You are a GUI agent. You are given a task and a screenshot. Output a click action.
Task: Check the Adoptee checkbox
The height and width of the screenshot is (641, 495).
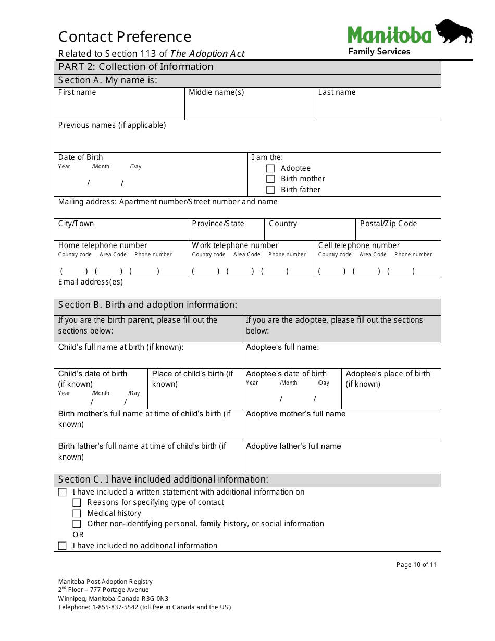coord(270,168)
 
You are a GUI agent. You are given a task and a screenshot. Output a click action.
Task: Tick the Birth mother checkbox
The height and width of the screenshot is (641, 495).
coord(270,179)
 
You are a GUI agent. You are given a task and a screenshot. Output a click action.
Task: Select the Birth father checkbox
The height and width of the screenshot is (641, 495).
coord(270,190)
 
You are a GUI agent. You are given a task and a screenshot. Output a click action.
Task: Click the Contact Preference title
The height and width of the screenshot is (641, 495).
coord(125,37)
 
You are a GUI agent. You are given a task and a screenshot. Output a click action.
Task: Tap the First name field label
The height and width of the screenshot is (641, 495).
coord(77,92)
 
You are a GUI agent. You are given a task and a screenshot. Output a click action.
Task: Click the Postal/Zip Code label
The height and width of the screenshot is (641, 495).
coord(388,224)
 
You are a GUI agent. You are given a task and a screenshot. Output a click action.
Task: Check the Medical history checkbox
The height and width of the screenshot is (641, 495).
coord(77,513)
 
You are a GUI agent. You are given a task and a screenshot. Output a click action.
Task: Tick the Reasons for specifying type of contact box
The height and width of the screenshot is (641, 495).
coord(77,502)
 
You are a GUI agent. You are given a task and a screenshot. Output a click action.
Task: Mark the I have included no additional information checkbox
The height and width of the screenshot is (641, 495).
coord(63,546)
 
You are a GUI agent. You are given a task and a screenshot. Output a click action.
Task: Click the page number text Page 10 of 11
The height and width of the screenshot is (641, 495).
coord(416,565)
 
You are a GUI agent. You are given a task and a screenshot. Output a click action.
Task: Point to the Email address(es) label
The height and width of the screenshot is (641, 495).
coord(91,282)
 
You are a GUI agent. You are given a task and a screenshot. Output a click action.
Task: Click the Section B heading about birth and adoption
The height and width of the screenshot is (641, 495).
coord(147,305)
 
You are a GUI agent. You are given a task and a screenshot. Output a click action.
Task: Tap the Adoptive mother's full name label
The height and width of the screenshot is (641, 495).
coord(295,414)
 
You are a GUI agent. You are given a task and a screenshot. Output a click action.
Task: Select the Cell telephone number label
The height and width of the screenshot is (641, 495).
coord(359,245)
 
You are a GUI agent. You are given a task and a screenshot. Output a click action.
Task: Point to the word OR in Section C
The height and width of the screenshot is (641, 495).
coord(78,535)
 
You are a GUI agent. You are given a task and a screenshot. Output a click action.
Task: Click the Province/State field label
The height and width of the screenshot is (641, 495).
coord(218,224)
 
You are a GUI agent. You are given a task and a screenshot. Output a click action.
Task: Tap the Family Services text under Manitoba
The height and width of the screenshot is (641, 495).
coord(379,51)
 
